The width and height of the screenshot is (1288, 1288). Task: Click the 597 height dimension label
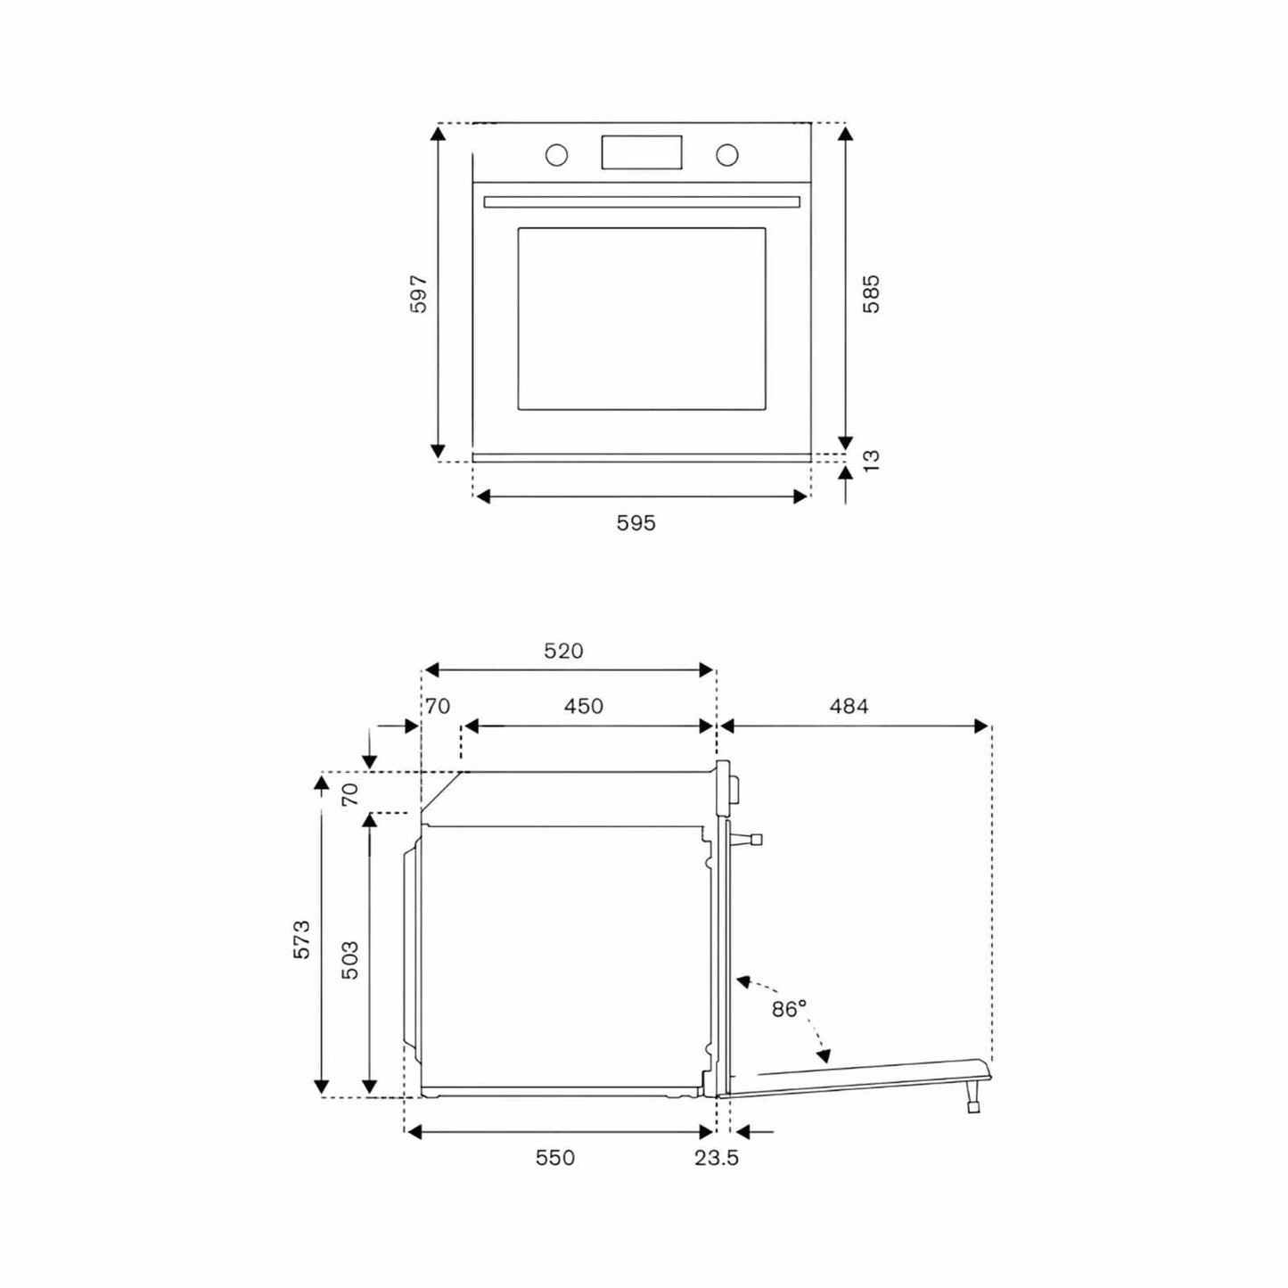419,294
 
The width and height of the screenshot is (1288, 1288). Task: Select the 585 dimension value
871,293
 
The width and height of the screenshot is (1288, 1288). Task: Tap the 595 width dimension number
636,523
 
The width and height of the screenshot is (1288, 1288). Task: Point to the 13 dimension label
871,460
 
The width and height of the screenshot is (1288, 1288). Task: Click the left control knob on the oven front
556,155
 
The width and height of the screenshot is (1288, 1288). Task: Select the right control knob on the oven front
726,155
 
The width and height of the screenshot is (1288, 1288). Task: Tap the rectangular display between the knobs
642,152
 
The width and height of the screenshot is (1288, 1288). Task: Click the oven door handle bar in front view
642,202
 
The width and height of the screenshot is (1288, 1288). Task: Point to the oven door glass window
642,319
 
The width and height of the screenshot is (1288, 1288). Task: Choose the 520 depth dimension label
563,652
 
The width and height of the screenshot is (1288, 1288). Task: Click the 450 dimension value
583,707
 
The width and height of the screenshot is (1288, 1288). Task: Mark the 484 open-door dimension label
849,707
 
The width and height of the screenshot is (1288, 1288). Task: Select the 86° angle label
789,1009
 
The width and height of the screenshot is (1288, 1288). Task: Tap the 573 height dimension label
302,939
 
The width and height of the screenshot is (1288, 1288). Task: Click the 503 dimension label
350,960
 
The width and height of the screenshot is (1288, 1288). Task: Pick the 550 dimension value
554,1158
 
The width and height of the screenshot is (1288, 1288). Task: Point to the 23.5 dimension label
717,1158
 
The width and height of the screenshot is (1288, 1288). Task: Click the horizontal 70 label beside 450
437,707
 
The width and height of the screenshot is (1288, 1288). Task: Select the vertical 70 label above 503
350,792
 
